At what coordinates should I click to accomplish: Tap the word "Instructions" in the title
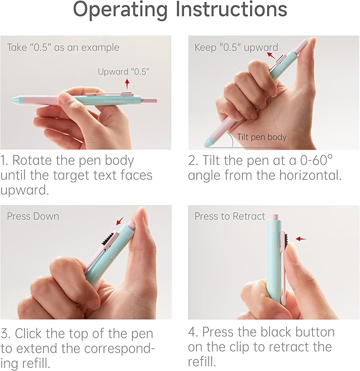tap(232, 9)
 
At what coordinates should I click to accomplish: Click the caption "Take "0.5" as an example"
tap(63, 48)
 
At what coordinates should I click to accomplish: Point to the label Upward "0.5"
tap(124, 72)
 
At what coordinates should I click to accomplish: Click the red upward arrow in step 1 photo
tap(127, 84)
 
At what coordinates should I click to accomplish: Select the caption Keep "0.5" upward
tap(236, 48)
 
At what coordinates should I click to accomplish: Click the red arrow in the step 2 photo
tap(271, 56)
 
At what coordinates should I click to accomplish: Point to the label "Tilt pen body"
tap(262, 137)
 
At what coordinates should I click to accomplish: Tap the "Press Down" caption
tap(33, 216)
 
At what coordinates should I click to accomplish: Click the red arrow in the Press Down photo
tap(120, 221)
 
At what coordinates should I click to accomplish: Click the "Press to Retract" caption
tap(230, 216)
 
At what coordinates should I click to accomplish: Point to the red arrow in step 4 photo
tap(301, 238)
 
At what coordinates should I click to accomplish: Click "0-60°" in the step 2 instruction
tap(316, 160)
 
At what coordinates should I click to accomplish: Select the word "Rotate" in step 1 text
tap(32, 161)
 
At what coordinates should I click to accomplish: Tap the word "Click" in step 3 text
tap(29, 333)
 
